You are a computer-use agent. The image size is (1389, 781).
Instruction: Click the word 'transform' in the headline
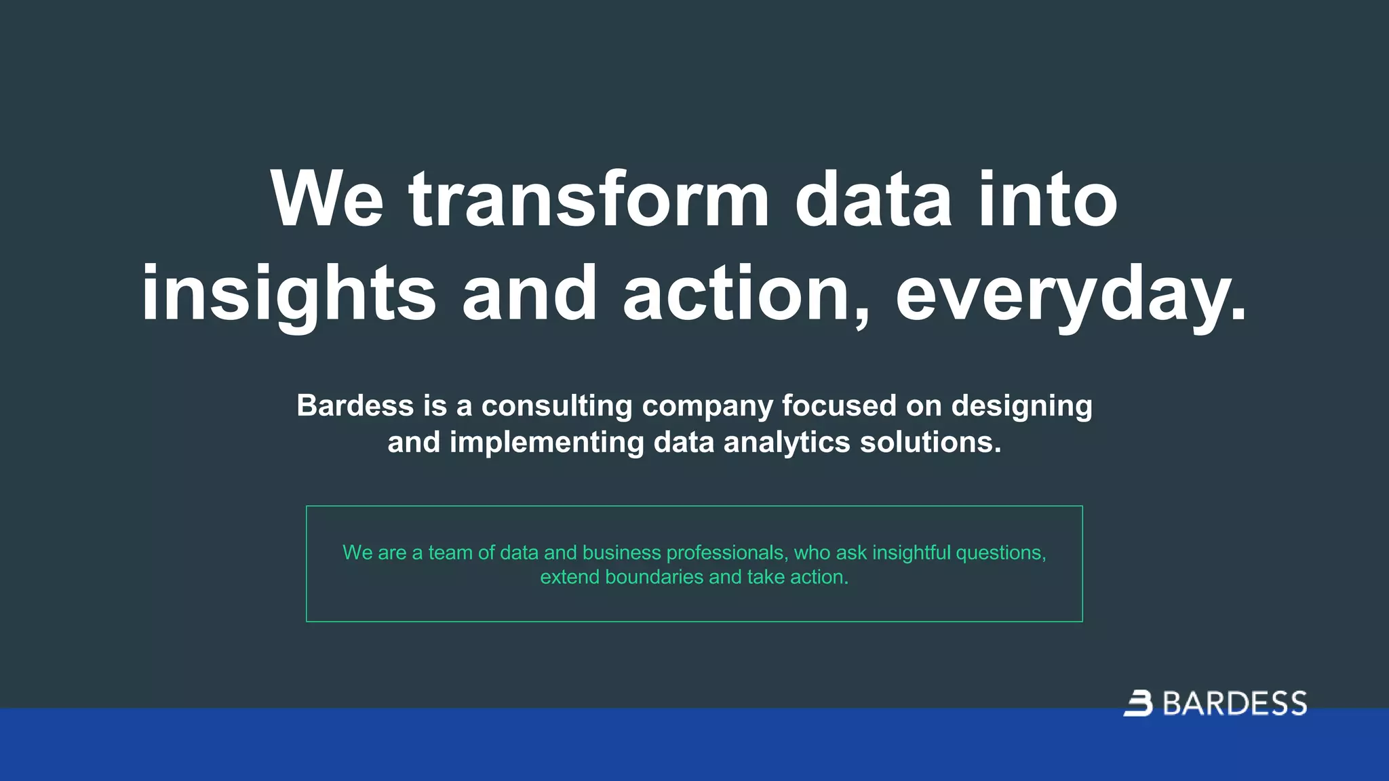point(589,200)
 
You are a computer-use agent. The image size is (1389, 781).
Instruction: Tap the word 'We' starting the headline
point(327,200)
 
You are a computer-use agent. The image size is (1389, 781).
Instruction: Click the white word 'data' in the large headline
point(874,200)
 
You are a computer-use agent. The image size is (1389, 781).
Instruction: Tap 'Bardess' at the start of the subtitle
point(355,405)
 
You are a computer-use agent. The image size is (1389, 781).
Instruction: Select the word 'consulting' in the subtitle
point(557,405)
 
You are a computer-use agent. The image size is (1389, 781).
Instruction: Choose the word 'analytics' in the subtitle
point(787,442)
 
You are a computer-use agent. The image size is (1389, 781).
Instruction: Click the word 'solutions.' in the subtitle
point(931,442)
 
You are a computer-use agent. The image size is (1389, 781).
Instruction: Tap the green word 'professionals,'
point(727,553)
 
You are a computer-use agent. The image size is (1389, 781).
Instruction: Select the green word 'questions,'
point(1001,553)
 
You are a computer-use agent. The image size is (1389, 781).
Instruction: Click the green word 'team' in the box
point(450,553)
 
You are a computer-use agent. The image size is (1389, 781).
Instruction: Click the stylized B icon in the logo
point(1139,703)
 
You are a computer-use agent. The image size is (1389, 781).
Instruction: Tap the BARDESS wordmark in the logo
point(1235,704)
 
